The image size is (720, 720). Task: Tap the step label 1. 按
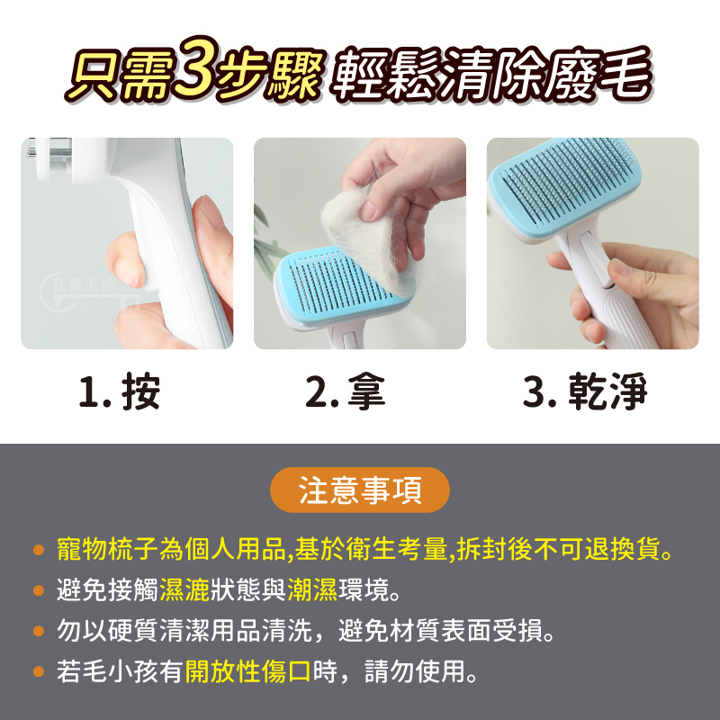(x=120, y=391)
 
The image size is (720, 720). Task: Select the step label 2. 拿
(x=346, y=391)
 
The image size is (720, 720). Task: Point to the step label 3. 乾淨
(x=585, y=391)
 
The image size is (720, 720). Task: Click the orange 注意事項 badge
(x=359, y=490)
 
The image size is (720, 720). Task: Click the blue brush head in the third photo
(x=565, y=188)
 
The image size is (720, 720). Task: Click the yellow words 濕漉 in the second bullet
(x=184, y=590)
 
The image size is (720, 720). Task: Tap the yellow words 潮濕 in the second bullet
(x=312, y=590)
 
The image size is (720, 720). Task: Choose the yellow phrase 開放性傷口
(x=248, y=671)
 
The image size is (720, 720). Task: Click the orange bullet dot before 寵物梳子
(x=39, y=550)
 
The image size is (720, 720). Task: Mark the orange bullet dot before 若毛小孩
(x=39, y=671)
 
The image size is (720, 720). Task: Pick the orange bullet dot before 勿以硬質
(x=39, y=631)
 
